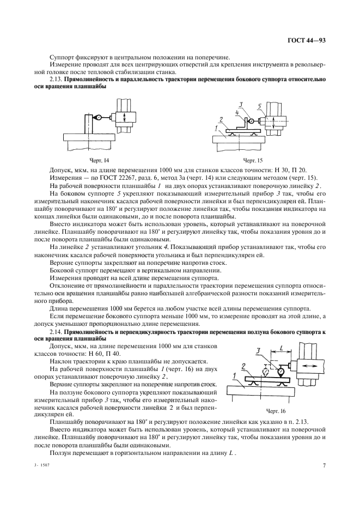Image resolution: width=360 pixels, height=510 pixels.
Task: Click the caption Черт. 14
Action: pyautogui.click(x=100, y=160)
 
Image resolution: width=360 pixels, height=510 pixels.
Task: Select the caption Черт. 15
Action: pyautogui.click(x=252, y=160)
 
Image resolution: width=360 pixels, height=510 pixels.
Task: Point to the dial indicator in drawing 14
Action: pyautogui.click(x=100, y=117)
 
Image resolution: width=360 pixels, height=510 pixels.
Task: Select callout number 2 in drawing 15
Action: pyautogui.click(x=220, y=118)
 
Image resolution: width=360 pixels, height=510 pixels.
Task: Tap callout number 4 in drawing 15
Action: pyautogui.click(x=237, y=112)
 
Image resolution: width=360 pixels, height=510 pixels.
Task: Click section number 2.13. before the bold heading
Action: pyautogui.click(x=56, y=80)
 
